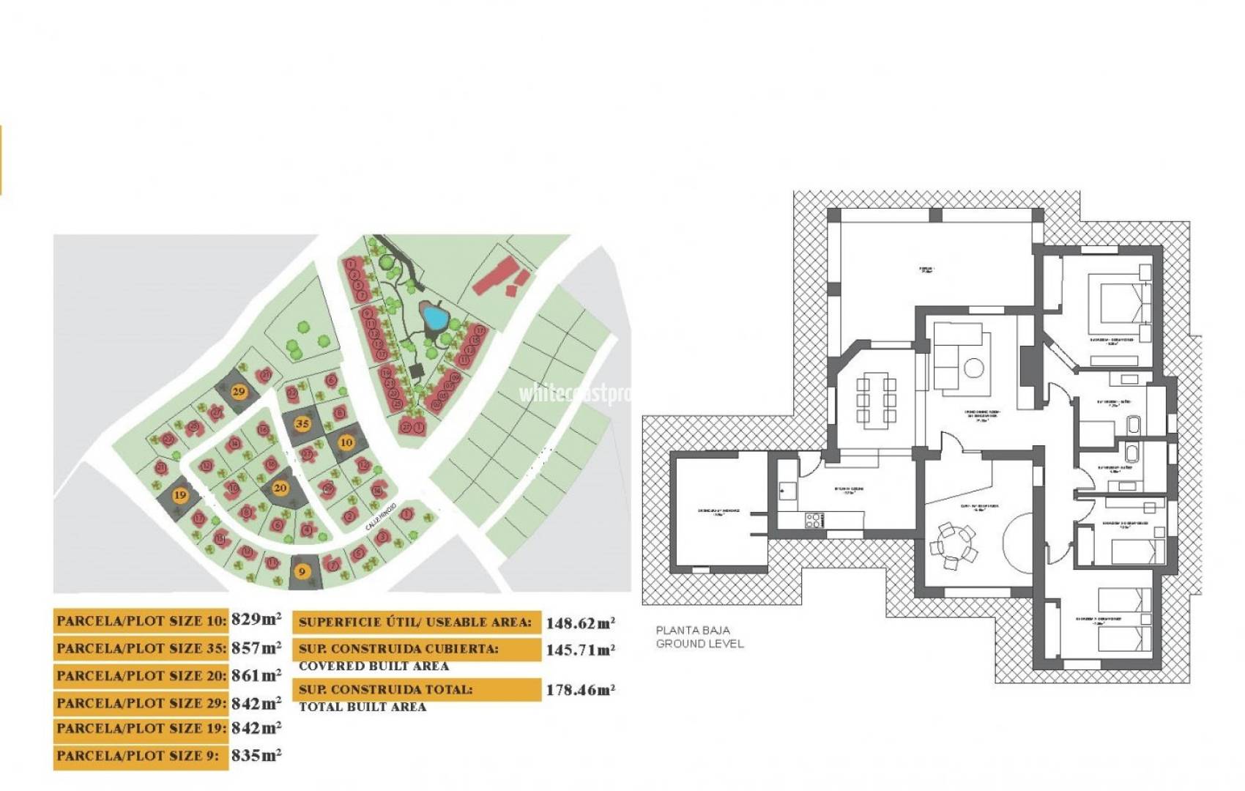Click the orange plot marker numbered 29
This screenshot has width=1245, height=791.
[239, 391]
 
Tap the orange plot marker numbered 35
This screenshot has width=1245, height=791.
[302, 423]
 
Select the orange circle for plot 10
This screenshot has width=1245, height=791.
[346, 442]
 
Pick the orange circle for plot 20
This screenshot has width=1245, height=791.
[280, 488]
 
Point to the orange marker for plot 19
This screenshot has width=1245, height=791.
[180, 495]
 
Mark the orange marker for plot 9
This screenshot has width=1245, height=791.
[302, 571]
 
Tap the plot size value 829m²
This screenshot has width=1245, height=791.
[256, 620]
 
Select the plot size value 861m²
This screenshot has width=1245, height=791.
[256, 675]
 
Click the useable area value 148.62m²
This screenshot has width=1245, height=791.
[580, 623]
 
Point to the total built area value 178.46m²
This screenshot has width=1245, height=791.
[580, 690]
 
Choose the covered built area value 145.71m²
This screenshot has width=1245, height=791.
[580, 650]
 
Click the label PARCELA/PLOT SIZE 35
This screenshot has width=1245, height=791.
[141, 648]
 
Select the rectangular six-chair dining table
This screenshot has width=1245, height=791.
[874, 400]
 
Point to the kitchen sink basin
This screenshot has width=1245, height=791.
[788, 489]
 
